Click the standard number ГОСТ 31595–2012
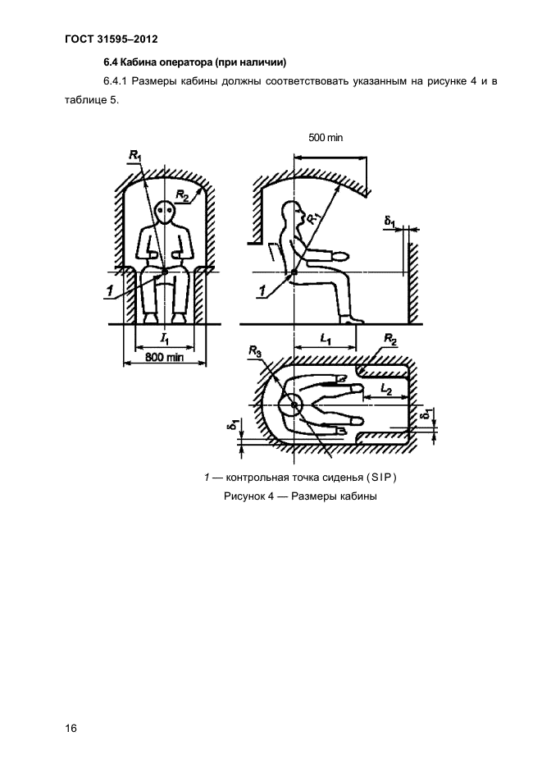click(x=112, y=39)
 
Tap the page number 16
click(x=71, y=729)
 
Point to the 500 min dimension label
click(x=326, y=138)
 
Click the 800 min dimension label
click(x=165, y=357)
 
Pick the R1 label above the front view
click(x=134, y=156)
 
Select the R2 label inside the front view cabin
click(x=183, y=196)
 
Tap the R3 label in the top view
click(x=254, y=350)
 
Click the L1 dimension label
click(x=325, y=338)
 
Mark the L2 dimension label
click(x=386, y=390)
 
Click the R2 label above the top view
click(x=390, y=338)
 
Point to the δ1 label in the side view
click(x=390, y=222)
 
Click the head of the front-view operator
click(x=165, y=213)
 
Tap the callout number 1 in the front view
click(x=110, y=291)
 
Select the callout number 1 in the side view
click(x=262, y=291)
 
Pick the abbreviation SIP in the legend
click(x=381, y=477)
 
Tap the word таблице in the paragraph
click(x=84, y=100)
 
